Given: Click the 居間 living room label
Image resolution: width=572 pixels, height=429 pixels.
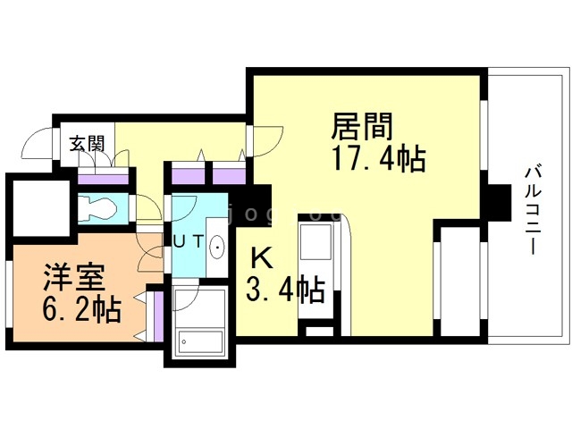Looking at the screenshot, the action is (x=362, y=126).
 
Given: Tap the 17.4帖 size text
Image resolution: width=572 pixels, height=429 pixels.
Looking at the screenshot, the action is (x=379, y=158).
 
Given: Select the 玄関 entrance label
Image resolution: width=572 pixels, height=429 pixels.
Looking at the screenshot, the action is (x=88, y=143).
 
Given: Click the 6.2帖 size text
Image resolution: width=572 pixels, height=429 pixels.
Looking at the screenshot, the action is (x=81, y=308).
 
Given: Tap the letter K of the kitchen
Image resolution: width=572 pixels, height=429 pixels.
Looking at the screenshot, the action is (x=262, y=257).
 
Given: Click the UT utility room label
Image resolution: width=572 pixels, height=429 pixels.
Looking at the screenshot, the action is (x=188, y=241).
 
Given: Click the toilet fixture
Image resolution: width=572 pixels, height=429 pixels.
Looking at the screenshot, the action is (x=97, y=208).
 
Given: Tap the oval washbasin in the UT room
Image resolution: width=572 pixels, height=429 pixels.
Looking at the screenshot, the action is (x=217, y=247).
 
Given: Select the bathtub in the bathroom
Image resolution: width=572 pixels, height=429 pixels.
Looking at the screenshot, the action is (x=199, y=341).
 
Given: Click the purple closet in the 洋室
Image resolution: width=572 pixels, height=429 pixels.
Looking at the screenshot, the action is (x=158, y=315).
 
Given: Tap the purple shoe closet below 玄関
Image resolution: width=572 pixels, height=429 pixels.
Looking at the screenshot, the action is (x=103, y=180).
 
